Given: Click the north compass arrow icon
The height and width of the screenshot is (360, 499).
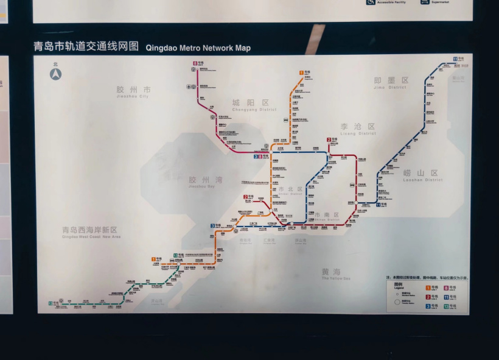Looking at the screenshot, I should click(x=56, y=74).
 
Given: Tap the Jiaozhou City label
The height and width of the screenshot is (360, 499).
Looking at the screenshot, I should click(x=133, y=92).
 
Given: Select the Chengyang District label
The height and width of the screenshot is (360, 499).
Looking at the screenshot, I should click(x=250, y=105).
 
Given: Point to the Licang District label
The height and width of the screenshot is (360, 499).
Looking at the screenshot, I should click(x=358, y=129).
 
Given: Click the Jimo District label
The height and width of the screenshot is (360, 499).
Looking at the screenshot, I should click(x=391, y=82).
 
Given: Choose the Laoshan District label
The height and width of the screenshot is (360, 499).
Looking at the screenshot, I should click(x=421, y=175).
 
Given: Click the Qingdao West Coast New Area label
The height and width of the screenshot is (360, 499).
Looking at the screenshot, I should click(x=91, y=232).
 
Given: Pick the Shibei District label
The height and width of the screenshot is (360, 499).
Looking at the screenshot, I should click(x=290, y=191).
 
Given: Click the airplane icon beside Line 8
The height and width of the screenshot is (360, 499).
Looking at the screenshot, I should click(x=189, y=86).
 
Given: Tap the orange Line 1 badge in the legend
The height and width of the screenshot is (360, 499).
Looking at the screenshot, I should click(x=428, y=288).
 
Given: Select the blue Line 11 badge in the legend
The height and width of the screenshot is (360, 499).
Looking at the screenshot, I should click(x=446, y=297).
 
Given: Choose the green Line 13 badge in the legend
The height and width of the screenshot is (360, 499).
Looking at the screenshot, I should click(x=446, y=306).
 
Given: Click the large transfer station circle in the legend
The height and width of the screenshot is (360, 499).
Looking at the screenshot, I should click(x=397, y=302).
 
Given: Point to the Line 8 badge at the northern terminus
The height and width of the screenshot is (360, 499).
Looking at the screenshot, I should click(x=195, y=63).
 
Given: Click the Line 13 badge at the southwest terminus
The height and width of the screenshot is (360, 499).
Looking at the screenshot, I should click(x=51, y=303).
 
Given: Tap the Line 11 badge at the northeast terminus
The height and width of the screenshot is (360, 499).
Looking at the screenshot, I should click(x=455, y=58).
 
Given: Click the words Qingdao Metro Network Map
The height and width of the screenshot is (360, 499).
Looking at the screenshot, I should click(x=198, y=48).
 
